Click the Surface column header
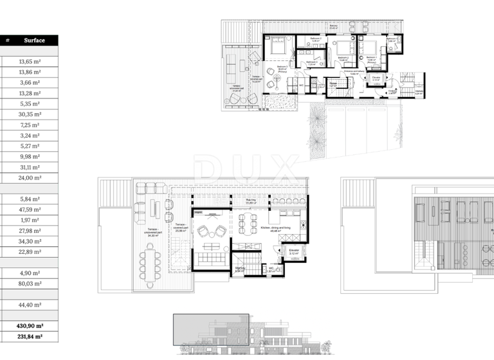click(x=34, y=40)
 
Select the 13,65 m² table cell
click(x=30, y=62)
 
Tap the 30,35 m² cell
click(x=30, y=114)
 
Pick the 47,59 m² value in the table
click(x=30, y=210)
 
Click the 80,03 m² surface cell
click(x=30, y=283)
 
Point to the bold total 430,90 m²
click(x=30, y=326)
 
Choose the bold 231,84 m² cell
click(x=30, y=336)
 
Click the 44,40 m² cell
click(x=30, y=305)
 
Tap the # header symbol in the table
click(x=8, y=40)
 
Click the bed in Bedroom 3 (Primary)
click(x=278, y=46)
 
